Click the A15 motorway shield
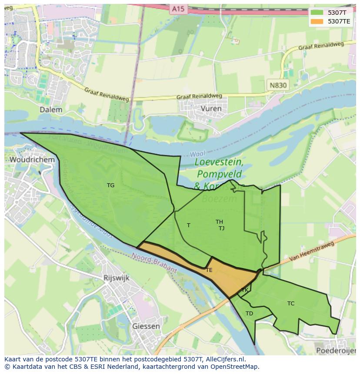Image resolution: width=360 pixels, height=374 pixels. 177,9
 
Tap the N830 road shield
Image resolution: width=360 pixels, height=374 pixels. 278,85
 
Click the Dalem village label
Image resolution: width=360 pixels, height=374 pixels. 51,109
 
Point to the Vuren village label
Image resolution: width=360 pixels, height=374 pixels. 211,108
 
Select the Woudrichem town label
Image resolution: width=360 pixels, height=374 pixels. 32,159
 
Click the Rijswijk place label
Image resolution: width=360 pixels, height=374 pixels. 117,278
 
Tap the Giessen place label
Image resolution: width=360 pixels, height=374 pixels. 146,326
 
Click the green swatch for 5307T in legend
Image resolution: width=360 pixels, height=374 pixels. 317,13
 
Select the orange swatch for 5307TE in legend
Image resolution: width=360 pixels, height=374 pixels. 317,21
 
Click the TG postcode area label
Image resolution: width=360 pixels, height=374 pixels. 111,185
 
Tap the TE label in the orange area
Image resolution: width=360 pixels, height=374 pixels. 209,270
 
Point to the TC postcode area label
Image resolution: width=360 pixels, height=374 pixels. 291,304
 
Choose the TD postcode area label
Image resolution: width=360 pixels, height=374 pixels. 249,314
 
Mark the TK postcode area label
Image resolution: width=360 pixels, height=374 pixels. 245,290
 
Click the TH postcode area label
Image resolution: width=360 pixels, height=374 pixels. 219,222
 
